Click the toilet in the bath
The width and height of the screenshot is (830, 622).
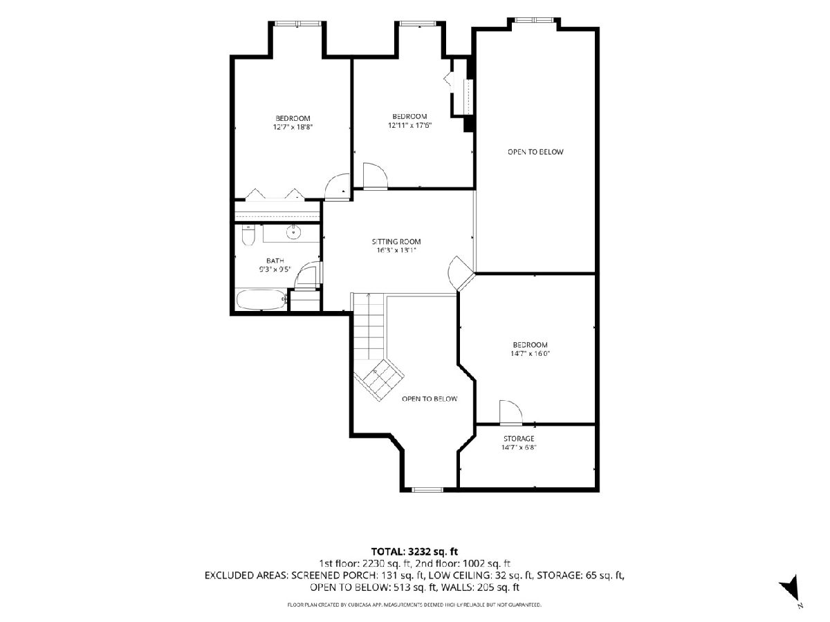[248, 235]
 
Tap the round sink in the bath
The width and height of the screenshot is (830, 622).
[293, 232]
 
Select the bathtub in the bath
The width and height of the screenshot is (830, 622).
[261, 300]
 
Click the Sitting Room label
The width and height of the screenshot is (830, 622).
[396, 241]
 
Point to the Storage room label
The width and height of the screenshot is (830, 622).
[519, 438]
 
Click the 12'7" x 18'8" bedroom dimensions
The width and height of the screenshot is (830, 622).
[293, 127]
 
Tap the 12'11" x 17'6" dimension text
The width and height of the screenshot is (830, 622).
[409, 125]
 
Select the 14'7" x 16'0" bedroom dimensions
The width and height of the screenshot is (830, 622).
[530, 353]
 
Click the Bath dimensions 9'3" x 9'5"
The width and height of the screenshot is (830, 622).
[275, 270]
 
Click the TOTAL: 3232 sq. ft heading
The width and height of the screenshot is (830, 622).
[414, 552]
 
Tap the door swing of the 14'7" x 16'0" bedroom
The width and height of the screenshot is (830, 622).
[511, 412]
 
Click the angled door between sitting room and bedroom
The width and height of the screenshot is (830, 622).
[459, 273]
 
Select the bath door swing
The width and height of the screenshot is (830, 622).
[306, 275]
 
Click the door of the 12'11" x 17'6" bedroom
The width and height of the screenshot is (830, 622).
[375, 176]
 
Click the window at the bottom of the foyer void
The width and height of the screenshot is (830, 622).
[427, 490]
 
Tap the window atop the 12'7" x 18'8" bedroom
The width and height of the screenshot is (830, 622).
[298, 23]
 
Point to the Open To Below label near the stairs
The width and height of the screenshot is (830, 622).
[430, 399]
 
